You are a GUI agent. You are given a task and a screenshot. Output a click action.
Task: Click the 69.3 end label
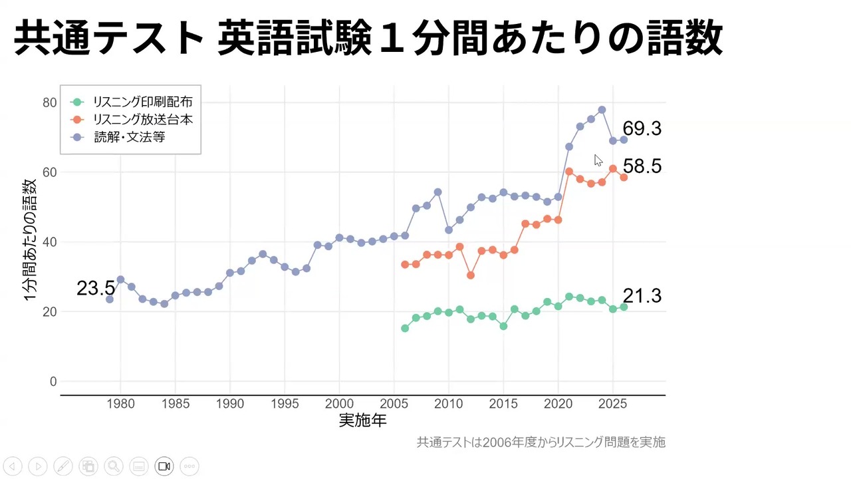[x=642, y=129]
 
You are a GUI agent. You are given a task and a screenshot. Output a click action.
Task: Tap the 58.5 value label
[x=642, y=166]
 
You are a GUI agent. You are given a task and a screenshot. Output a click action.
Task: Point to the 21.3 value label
[x=642, y=296]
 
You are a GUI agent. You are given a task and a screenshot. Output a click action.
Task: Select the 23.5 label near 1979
[x=96, y=289]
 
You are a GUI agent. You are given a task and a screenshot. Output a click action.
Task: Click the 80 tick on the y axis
[x=49, y=102]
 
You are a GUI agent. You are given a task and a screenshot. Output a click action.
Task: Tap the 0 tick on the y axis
[x=53, y=382]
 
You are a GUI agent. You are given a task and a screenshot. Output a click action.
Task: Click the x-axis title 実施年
[x=362, y=420]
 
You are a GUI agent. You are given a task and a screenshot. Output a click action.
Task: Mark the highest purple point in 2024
[x=602, y=110]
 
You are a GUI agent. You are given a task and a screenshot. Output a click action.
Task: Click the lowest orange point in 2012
[x=471, y=275]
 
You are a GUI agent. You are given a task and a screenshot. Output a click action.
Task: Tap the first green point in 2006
[x=405, y=328]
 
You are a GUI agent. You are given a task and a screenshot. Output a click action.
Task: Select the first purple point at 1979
[x=110, y=299]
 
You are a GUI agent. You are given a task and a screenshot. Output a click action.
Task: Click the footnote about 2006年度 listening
[x=541, y=442]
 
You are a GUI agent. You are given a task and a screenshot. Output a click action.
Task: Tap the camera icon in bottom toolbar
[x=164, y=466]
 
